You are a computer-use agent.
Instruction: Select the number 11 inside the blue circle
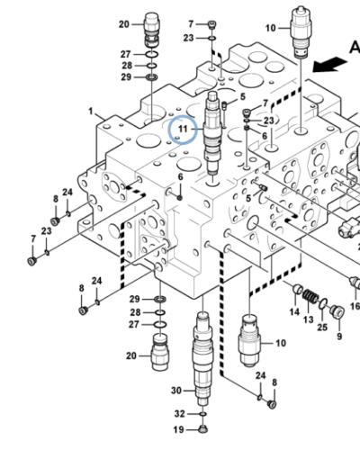coord(183,132)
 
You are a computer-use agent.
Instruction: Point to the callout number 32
coord(178,413)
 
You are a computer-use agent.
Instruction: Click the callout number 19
coord(178,428)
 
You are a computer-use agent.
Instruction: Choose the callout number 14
coord(294,311)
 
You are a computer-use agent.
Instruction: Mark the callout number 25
coord(321,328)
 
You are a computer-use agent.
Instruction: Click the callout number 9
coord(339,337)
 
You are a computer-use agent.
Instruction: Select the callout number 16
coord(354,306)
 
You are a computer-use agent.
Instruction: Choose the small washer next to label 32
coord(202,413)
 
